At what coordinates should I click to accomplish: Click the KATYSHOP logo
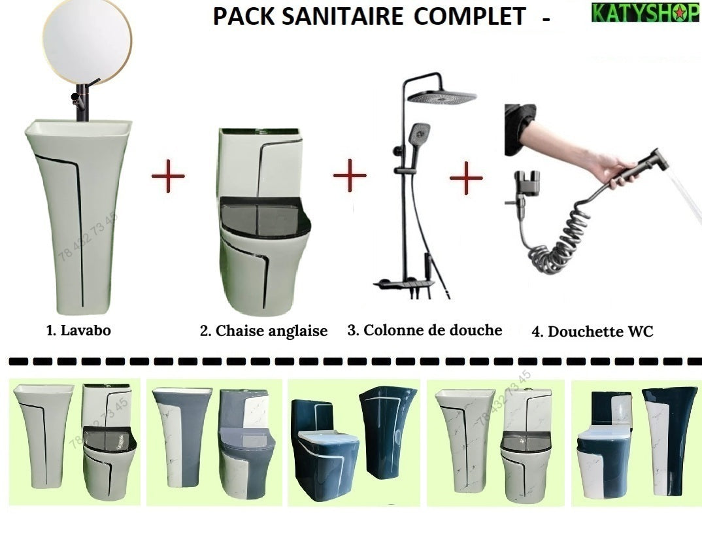tap(644, 13)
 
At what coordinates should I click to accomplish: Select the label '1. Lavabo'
tap(78, 331)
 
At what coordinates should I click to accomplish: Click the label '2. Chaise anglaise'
tap(263, 331)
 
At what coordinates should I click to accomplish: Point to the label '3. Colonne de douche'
tap(424, 330)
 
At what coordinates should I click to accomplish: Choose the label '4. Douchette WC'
tap(592, 332)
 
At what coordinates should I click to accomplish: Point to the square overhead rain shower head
tap(441, 98)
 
